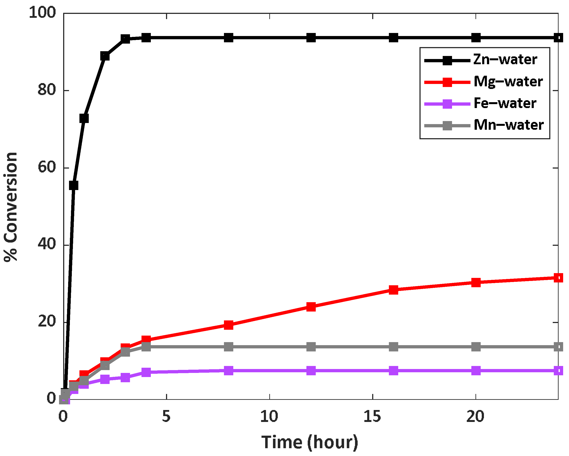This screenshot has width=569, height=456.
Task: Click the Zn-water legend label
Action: click(505, 60)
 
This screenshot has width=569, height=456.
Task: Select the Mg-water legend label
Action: click(508, 82)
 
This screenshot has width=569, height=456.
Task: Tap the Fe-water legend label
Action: click(505, 103)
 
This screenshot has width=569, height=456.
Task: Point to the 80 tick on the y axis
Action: click(47, 90)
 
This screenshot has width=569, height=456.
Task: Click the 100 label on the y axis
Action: click(42, 12)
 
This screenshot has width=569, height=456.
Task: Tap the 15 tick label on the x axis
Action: click(372, 417)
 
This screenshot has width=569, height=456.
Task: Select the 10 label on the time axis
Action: click(269, 417)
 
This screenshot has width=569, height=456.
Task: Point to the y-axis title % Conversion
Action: click(11, 207)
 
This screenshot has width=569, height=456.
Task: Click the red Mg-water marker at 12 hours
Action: click(311, 307)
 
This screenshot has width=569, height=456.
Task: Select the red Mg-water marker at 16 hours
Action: click(393, 290)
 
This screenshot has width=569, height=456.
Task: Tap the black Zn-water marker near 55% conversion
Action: click(74, 185)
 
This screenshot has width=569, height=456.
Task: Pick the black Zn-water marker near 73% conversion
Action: click(84, 118)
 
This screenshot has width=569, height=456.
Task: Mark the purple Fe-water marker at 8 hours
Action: click(229, 371)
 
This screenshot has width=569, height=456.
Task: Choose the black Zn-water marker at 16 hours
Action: click(393, 38)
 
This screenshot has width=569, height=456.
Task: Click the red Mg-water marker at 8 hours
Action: click(229, 325)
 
